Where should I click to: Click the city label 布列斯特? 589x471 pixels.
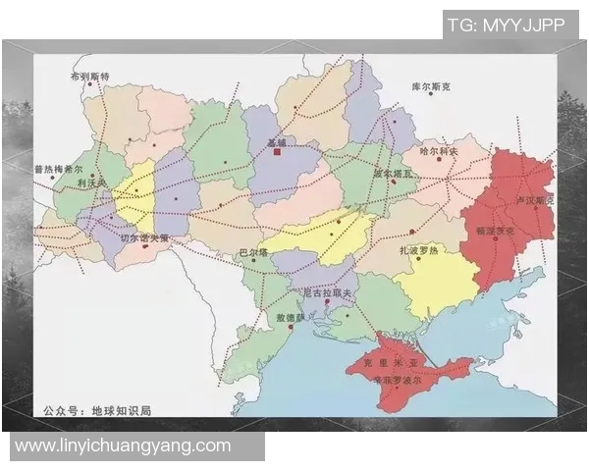click(x=89, y=76)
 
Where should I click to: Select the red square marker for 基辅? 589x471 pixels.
click(x=279, y=154)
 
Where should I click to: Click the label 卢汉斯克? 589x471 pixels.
click(x=535, y=201)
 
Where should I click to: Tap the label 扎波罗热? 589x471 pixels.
click(x=417, y=251)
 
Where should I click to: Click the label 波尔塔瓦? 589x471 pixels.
click(x=394, y=174)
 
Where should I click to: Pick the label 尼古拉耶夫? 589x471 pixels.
click(x=328, y=293)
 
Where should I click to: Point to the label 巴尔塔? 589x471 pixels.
click(x=253, y=253)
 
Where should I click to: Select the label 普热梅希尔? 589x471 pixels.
click(x=58, y=169)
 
